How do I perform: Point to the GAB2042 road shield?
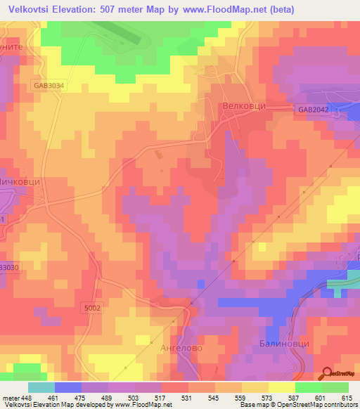click(x=313, y=110)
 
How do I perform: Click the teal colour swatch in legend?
click(x=41, y=387)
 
